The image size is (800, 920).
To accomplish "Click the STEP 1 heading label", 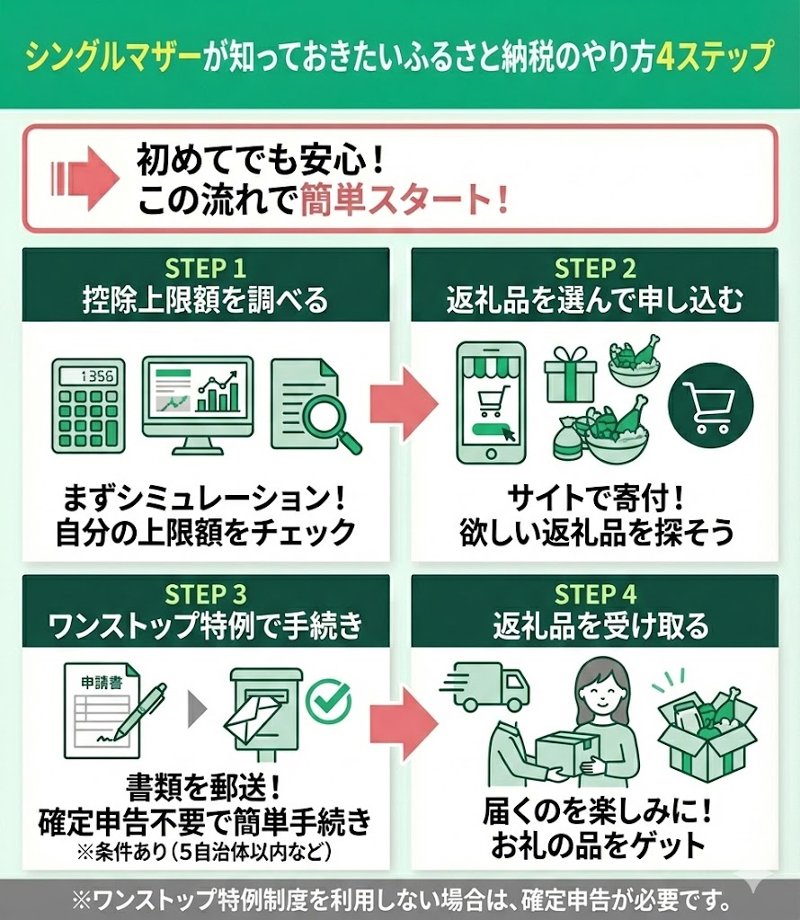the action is pos(206,268).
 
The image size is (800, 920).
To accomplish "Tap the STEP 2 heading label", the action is pos(595,268).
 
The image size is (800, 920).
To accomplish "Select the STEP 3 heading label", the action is pos(206,595).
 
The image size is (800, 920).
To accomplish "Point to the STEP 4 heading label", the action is pos(595,595).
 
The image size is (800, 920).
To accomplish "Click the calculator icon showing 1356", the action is pos(89,406).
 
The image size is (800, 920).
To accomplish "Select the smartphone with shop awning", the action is pos(492,403).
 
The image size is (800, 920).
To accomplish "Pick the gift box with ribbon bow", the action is pos(570,375).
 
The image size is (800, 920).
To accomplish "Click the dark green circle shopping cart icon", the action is pos(710,405).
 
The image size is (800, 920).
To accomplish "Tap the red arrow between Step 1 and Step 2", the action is pos(404,403).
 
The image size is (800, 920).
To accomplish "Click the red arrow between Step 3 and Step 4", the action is pos(404,723).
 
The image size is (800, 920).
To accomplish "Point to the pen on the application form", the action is pos(139,712).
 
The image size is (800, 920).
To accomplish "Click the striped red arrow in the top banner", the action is pos(85,178).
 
